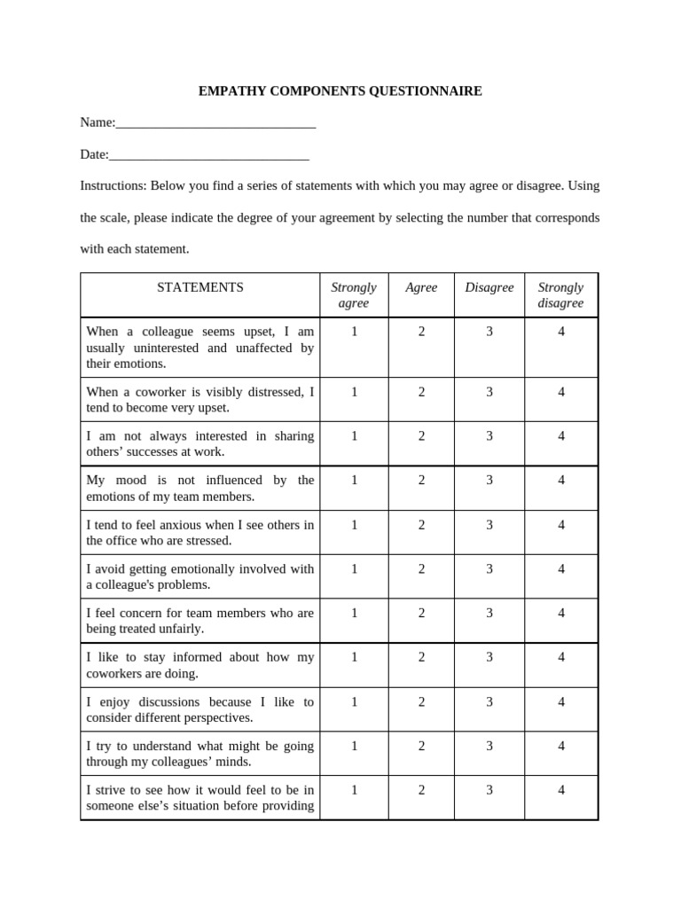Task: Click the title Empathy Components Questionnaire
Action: coord(340,91)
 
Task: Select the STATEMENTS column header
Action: coord(200,287)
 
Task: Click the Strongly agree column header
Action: coord(354,295)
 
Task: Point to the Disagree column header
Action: coord(489,287)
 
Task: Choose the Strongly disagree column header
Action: coord(560,295)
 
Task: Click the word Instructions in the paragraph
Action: coord(112,186)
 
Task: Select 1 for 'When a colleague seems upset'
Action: coord(354,332)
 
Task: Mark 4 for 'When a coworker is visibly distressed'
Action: coord(561,392)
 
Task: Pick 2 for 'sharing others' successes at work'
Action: coord(422,436)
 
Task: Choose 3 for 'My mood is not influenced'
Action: coord(489,481)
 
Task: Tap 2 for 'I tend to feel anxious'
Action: coord(422,525)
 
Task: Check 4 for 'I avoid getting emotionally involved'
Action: coord(561,569)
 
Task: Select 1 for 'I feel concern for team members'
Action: coord(354,613)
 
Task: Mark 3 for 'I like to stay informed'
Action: coord(489,657)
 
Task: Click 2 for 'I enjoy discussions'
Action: coord(422,701)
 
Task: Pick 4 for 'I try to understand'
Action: coord(561,746)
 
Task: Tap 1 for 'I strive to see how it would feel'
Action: coord(354,790)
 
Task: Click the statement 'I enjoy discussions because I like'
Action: coord(200,709)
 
